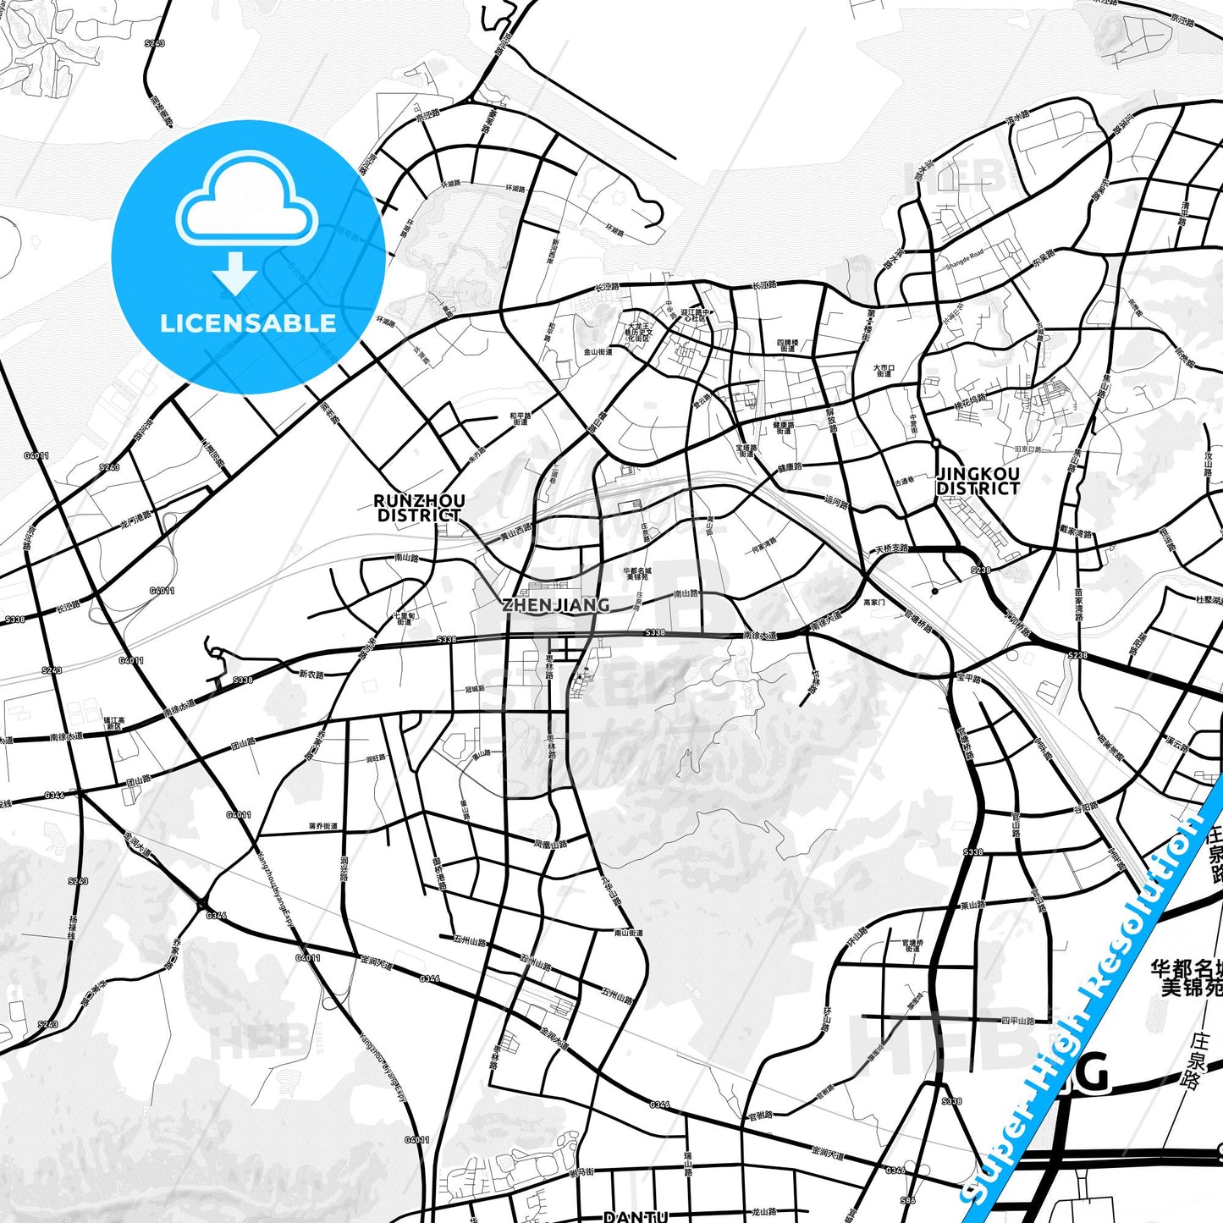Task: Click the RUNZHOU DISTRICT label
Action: (419, 508)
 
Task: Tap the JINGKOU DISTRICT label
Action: (978, 481)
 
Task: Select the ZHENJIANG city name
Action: (555, 604)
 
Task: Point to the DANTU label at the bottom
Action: (636, 1216)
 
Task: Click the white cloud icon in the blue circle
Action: (246, 207)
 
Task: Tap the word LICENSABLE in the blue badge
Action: (248, 323)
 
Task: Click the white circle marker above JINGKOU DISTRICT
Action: (935, 443)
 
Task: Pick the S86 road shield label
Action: (908, 1200)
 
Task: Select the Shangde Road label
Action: (964, 259)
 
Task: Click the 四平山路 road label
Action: (1017, 1021)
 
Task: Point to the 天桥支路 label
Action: (891, 548)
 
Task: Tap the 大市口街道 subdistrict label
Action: (884, 371)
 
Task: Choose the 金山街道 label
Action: (598, 351)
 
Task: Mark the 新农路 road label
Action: (311, 675)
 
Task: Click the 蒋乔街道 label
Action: (323, 826)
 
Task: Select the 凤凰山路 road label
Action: (550, 844)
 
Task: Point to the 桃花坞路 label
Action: (970, 401)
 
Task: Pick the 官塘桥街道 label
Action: (912, 945)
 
